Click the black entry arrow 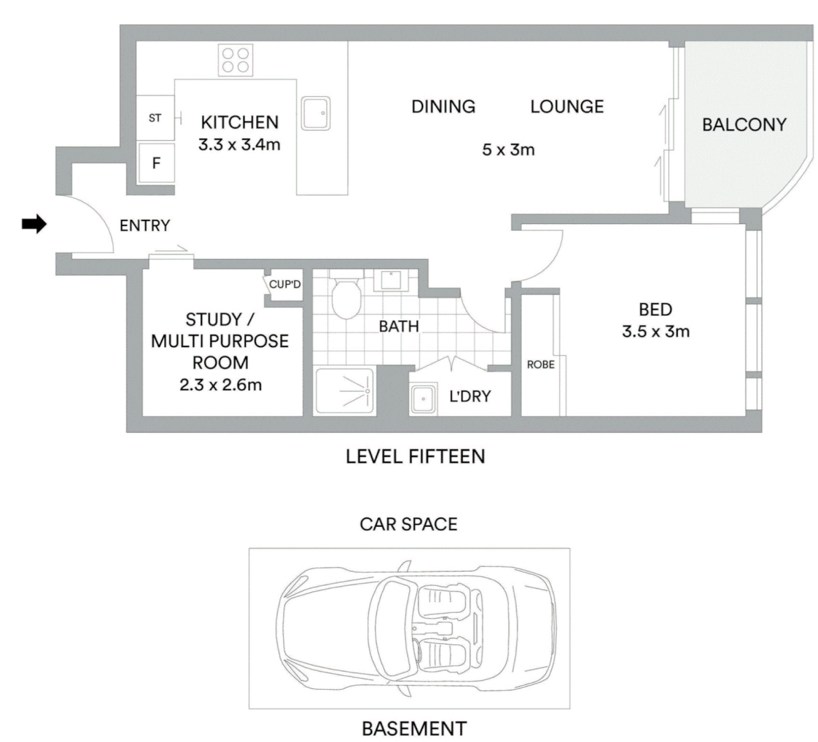pyautogui.click(x=34, y=225)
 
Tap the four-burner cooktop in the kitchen pyautogui.click(x=236, y=60)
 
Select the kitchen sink pyautogui.click(x=316, y=113)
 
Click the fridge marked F pyautogui.click(x=156, y=163)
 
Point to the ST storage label pyautogui.click(x=155, y=118)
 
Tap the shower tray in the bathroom pyautogui.click(x=345, y=392)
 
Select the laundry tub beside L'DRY pyautogui.click(x=424, y=399)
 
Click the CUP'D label pyautogui.click(x=285, y=284)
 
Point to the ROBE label pyautogui.click(x=541, y=365)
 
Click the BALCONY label pyautogui.click(x=744, y=125)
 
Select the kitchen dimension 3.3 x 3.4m pyautogui.click(x=240, y=144)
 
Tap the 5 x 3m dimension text pyautogui.click(x=508, y=150)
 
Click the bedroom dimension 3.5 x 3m pyautogui.click(x=656, y=331)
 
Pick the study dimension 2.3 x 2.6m pyautogui.click(x=220, y=385)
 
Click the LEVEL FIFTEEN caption pyautogui.click(x=416, y=457)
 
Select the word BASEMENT pyautogui.click(x=414, y=728)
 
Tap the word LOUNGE pyautogui.click(x=567, y=106)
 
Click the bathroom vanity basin pyautogui.click(x=391, y=280)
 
